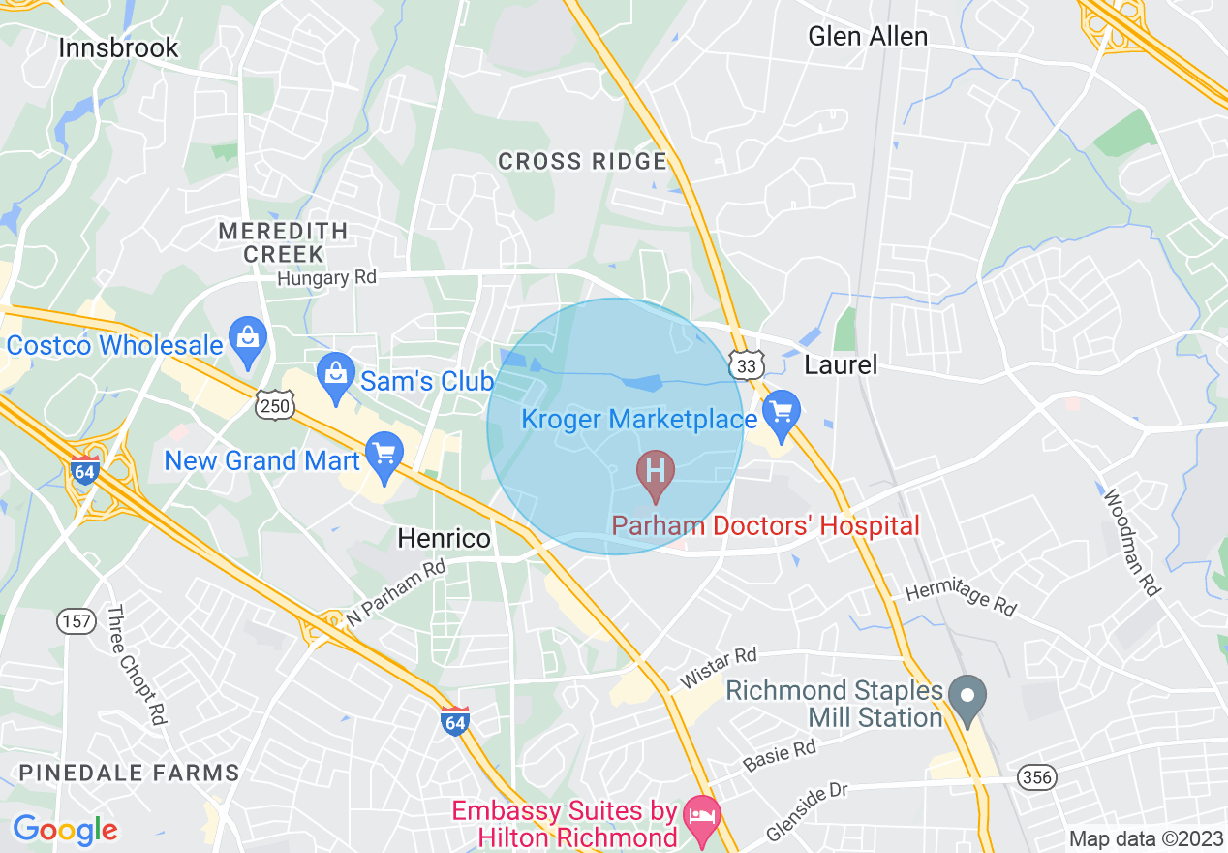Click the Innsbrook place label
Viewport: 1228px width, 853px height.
(x=118, y=47)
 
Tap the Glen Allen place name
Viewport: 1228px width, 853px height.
(x=867, y=36)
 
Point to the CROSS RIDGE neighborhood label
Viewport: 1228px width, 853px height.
(x=582, y=162)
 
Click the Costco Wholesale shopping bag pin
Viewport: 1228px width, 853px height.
(x=249, y=342)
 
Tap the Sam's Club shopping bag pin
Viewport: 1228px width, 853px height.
(x=335, y=378)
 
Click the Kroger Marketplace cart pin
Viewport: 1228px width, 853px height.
(x=781, y=415)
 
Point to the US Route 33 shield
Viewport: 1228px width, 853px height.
(x=747, y=364)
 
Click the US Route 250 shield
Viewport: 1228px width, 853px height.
(x=275, y=405)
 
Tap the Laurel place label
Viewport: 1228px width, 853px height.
(x=841, y=364)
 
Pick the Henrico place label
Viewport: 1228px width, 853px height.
(x=445, y=538)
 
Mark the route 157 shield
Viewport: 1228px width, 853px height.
(x=75, y=621)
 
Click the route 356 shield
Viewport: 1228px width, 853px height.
(x=1037, y=776)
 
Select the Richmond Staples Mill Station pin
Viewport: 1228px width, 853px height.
(x=966, y=700)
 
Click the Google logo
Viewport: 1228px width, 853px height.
(x=65, y=830)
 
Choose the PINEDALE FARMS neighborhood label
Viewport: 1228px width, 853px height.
(x=129, y=773)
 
